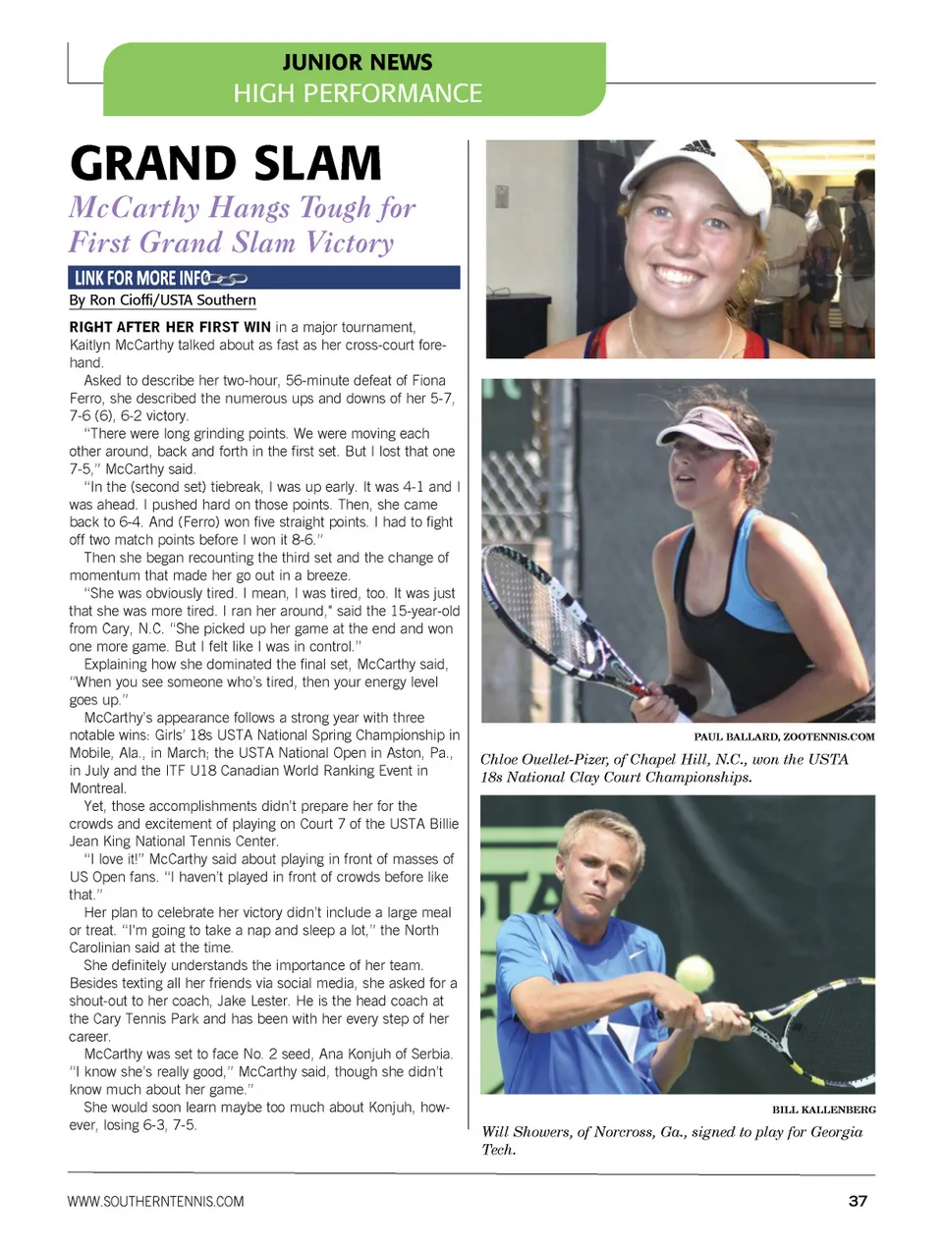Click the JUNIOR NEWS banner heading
coord(357,62)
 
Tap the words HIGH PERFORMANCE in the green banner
coord(358,93)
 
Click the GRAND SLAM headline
coord(226,163)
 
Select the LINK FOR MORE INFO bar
coord(263,278)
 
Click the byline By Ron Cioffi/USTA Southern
coord(162,300)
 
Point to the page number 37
coord(857,1201)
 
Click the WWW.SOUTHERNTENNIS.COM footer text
coord(155,1201)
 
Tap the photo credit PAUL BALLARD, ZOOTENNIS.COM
coord(784,736)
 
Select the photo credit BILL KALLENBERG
coord(823,1110)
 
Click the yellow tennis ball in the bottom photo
coord(694,973)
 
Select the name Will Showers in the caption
coord(526,1132)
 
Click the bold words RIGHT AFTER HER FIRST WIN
coord(170,327)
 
